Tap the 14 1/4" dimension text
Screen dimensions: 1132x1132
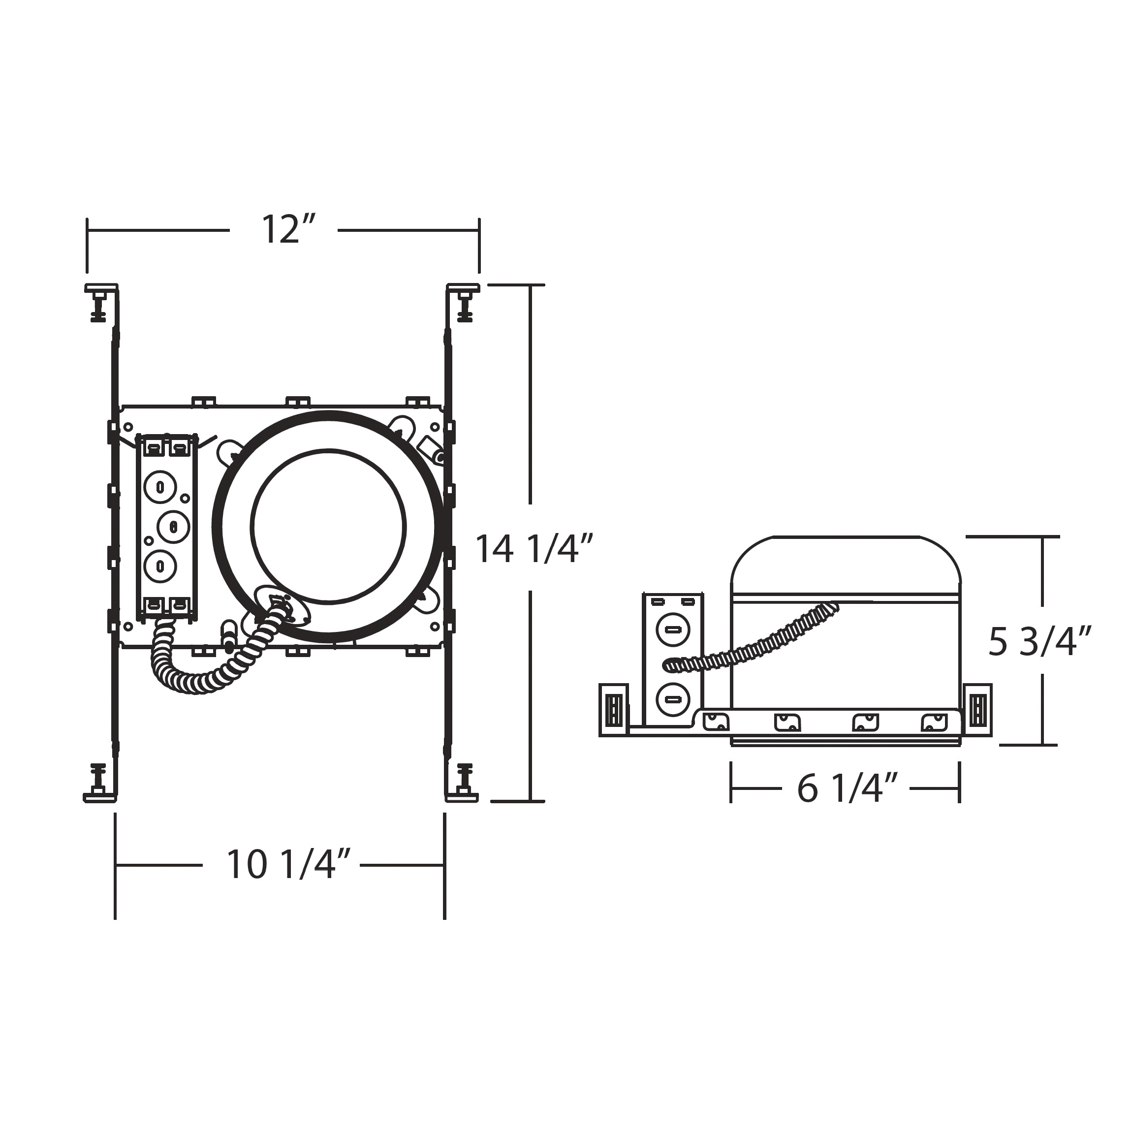(x=534, y=549)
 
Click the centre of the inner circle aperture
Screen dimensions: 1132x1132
(x=328, y=526)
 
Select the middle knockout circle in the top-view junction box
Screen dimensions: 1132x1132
(x=173, y=526)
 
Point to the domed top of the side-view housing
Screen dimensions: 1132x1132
(x=847, y=563)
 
